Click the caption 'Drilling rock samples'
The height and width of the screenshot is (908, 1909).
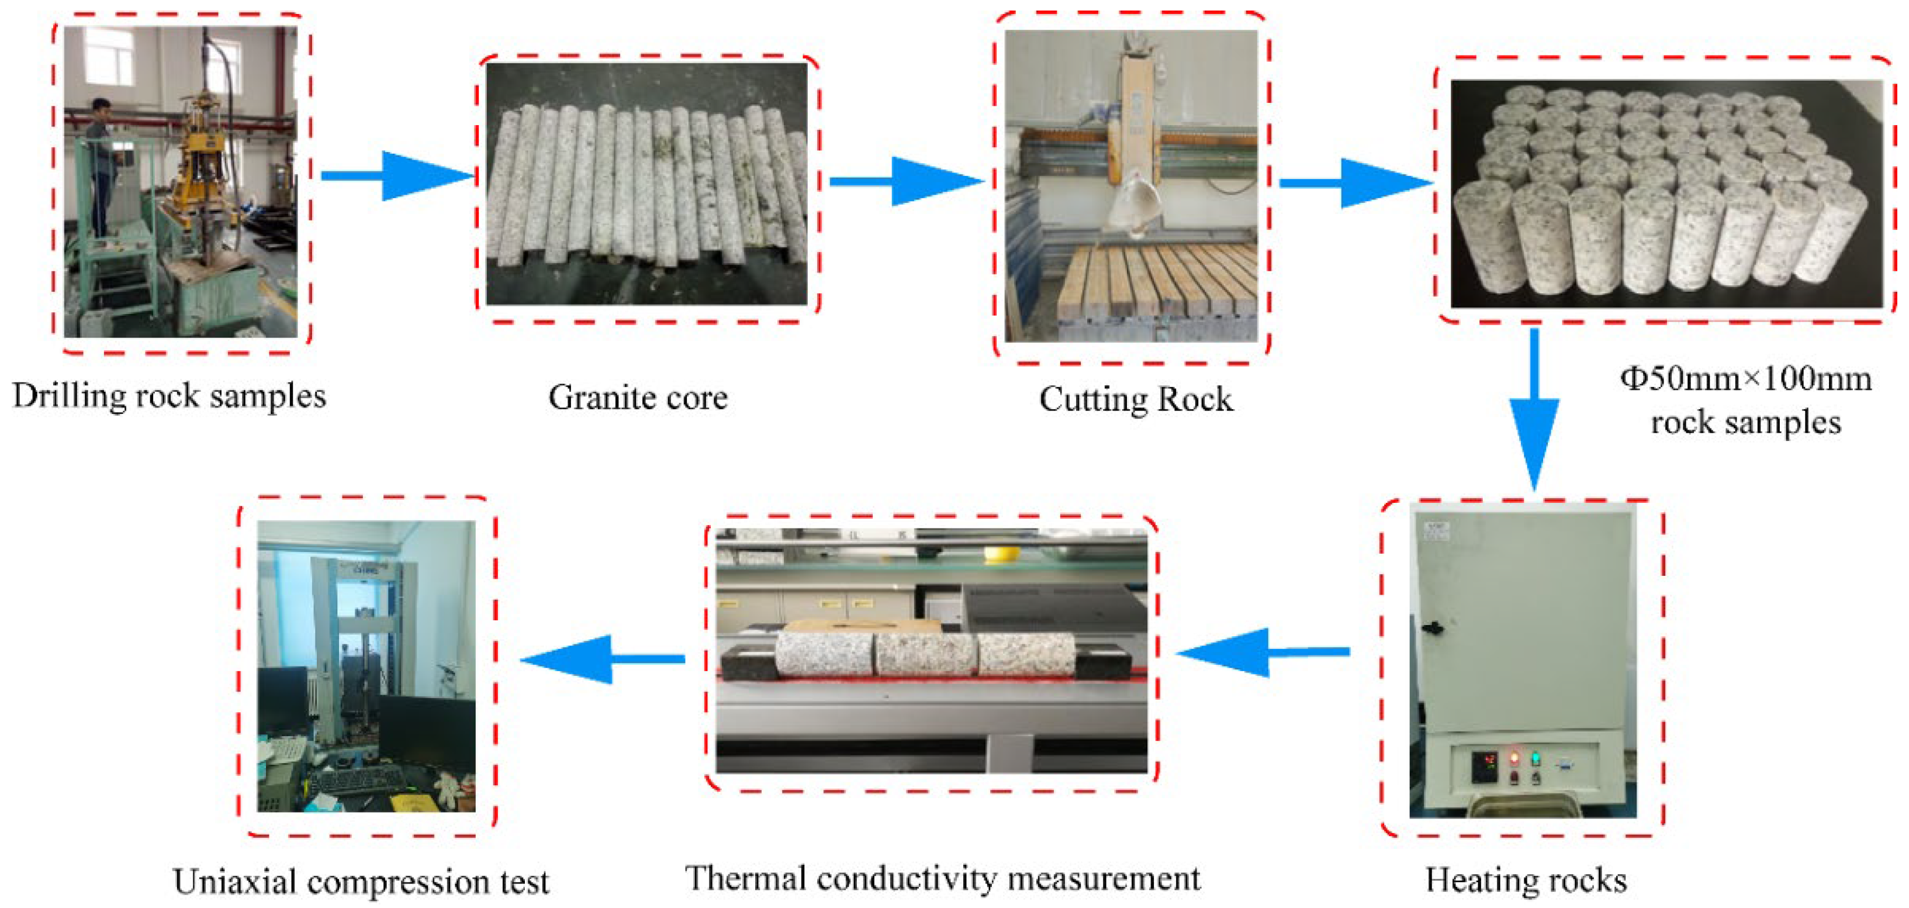click(x=169, y=396)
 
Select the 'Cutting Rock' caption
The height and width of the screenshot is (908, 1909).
click(x=1135, y=399)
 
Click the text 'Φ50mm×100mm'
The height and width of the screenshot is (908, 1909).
click(x=1745, y=379)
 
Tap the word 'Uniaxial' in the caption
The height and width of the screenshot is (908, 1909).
click(x=235, y=882)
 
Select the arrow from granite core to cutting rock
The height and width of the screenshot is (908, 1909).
click(x=905, y=181)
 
